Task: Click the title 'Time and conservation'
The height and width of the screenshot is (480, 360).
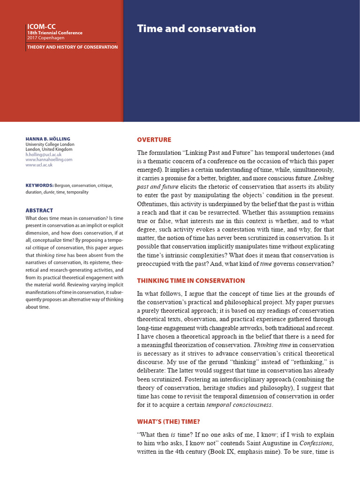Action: [196, 29]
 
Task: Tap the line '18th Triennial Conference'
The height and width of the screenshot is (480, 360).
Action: [54, 33]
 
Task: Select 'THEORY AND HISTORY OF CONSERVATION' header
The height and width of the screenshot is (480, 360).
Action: [72, 47]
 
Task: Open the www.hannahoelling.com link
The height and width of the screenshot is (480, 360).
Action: [49, 160]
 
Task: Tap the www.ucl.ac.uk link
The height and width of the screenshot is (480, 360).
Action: [39, 165]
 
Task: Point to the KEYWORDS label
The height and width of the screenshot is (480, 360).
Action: [39, 186]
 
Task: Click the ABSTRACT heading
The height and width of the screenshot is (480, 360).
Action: [39, 210]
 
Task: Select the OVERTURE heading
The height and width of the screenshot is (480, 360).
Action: [154, 140]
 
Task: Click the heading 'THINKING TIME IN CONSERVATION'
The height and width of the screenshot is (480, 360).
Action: [191, 281]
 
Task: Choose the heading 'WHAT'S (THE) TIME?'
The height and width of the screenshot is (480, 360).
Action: [168, 422]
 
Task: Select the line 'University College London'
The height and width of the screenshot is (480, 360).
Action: [50, 144]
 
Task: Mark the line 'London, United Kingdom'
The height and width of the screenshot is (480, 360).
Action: [49, 150]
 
